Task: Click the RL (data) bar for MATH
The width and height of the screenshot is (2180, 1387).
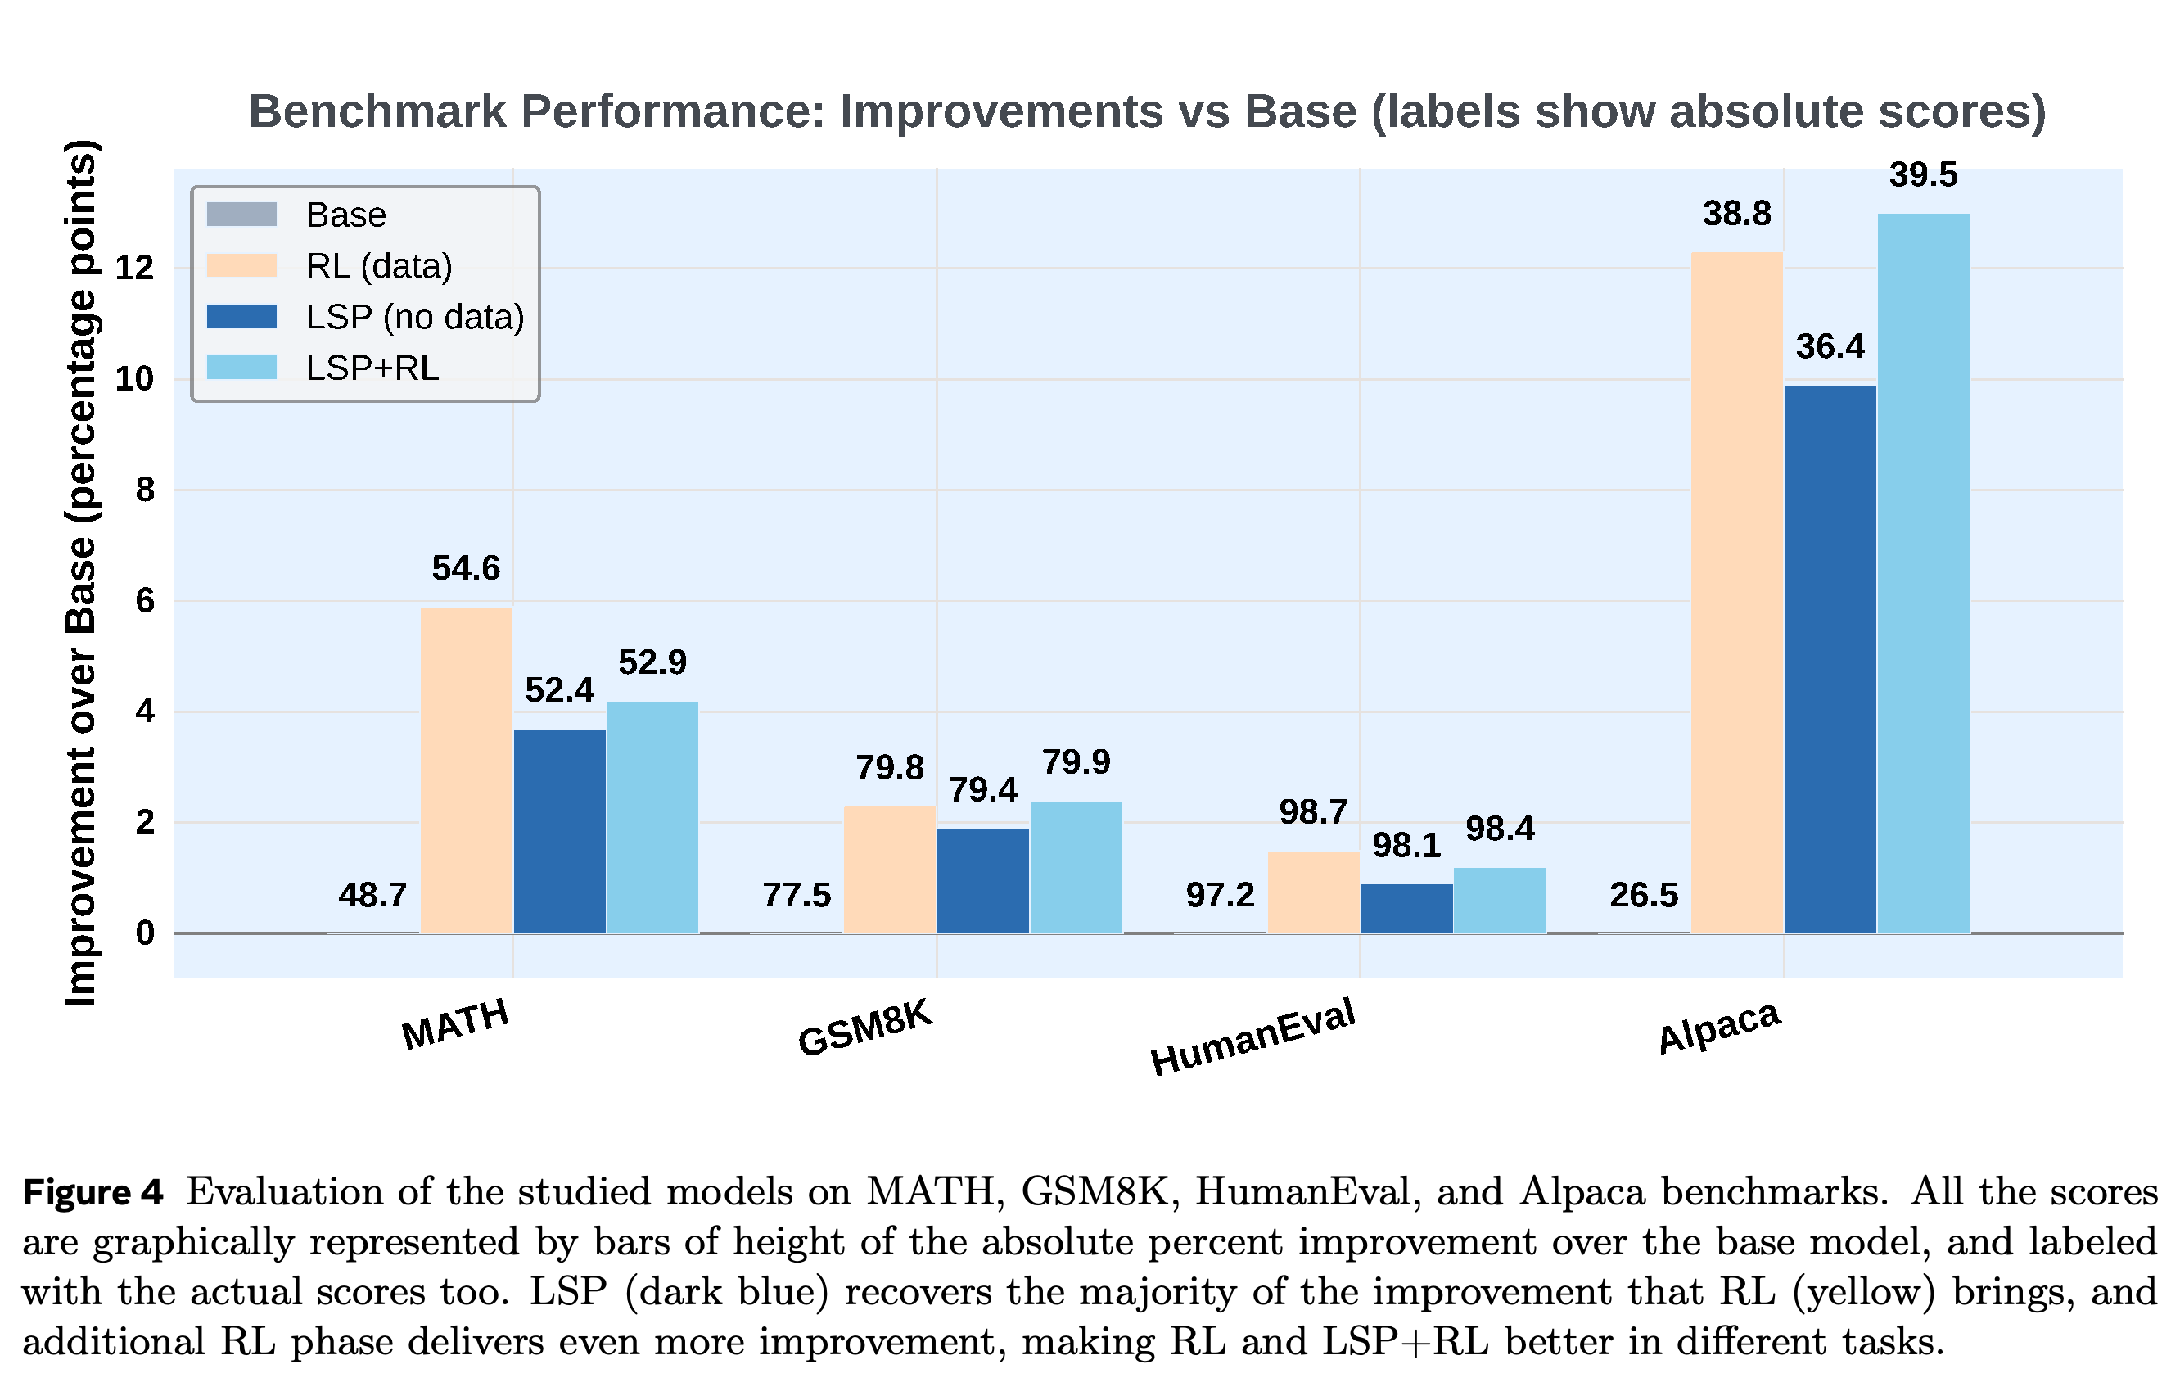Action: click(x=467, y=770)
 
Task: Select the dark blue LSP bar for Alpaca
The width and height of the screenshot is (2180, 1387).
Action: click(x=1830, y=659)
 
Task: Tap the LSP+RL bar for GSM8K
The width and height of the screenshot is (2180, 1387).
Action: click(x=1076, y=866)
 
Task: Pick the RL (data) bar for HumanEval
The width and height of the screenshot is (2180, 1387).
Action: click(x=1314, y=892)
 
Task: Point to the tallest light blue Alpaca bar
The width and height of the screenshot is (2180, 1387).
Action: click(x=1924, y=573)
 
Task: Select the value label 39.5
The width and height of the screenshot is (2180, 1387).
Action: click(x=1924, y=174)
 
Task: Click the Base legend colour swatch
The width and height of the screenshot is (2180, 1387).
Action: click(x=241, y=215)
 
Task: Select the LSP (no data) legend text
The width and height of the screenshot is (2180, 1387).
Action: click(x=416, y=318)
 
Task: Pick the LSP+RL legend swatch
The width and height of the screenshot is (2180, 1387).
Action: click(x=241, y=368)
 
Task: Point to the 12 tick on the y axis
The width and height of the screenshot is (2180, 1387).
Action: click(x=135, y=268)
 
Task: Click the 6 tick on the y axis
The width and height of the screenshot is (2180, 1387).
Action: click(x=145, y=600)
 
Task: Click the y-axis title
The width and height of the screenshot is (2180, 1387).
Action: click(x=82, y=573)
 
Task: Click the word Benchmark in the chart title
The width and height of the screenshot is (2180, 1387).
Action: click(x=377, y=111)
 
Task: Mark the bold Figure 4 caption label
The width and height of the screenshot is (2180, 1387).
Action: click(x=93, y=1192)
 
